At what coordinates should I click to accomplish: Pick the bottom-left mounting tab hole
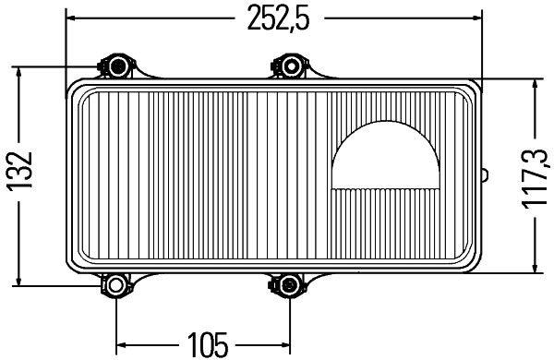click(115, 286)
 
